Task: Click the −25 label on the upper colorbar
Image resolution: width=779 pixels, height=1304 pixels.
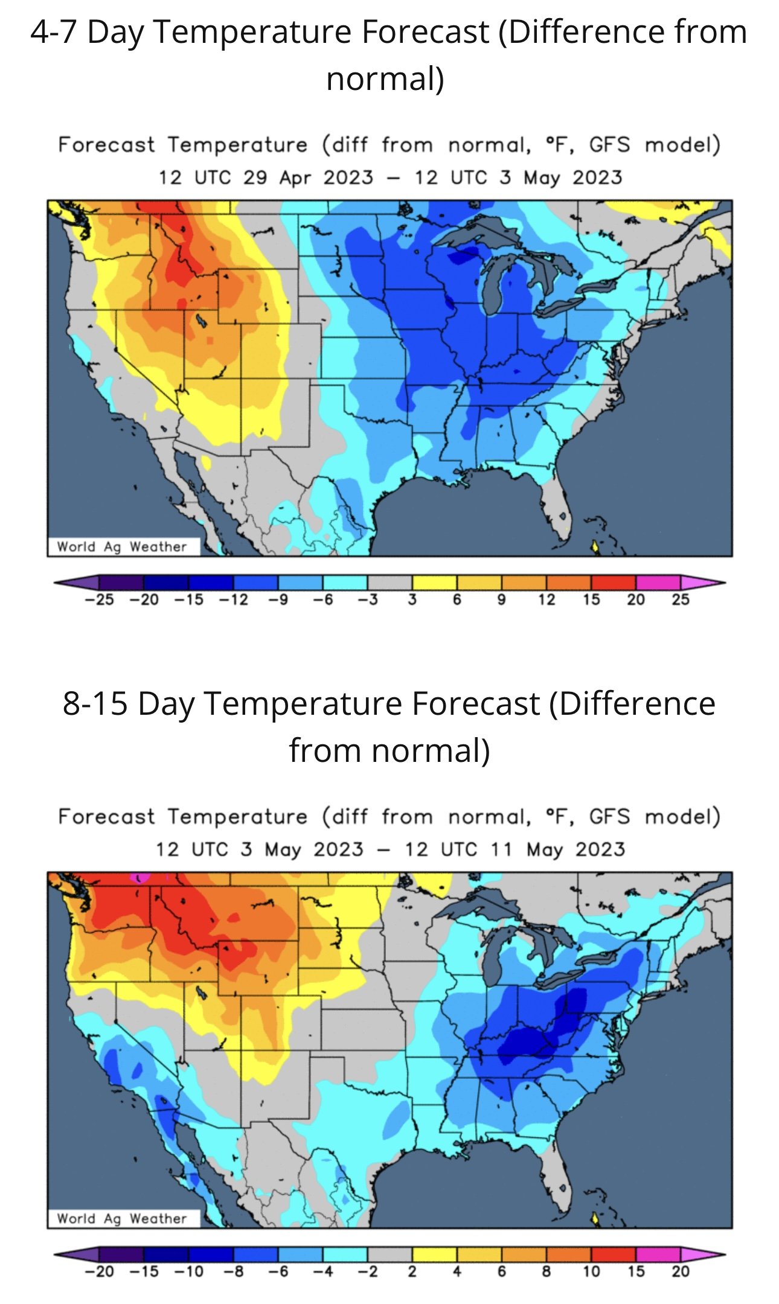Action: point(99,599)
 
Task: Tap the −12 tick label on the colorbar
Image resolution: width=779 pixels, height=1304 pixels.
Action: point(233,599)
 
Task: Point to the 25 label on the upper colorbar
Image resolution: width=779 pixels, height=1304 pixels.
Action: point(681,599)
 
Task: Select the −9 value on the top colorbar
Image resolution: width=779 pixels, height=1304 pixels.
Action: point(278,599)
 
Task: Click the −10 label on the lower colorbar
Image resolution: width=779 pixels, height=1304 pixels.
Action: point(189,1271)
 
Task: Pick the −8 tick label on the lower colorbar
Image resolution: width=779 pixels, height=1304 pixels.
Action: point(234,1271)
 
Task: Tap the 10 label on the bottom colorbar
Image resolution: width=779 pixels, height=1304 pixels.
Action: point(591,1271)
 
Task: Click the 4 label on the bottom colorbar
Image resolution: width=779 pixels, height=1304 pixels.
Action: point(457,1271)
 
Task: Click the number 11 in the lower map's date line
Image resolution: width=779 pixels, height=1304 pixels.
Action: point(500,849)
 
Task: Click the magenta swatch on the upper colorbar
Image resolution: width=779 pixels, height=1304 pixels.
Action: point(658,583)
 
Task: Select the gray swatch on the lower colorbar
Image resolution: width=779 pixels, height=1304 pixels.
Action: point(390,1254)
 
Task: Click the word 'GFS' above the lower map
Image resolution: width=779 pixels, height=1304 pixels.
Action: point(609,817)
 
